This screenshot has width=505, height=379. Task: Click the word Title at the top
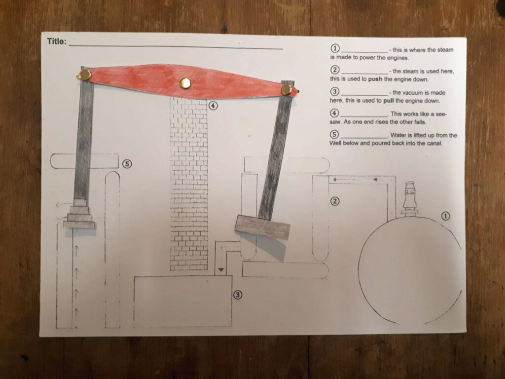56,41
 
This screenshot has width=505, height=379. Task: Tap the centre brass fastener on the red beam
185,83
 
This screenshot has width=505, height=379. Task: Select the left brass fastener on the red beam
85,75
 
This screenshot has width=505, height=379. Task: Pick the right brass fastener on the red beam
287,90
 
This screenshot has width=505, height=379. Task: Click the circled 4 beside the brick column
213,106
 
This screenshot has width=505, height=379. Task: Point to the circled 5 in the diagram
127,164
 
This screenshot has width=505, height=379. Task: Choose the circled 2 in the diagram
335,201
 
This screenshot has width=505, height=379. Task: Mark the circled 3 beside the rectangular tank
237,295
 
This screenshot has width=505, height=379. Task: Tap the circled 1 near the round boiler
445,216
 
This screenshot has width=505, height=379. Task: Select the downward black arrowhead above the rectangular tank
220,270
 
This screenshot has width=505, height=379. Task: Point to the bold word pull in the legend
389,101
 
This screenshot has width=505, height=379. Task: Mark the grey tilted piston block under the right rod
262,227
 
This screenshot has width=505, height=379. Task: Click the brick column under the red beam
189,184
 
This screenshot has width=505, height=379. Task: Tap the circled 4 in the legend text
335,113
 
